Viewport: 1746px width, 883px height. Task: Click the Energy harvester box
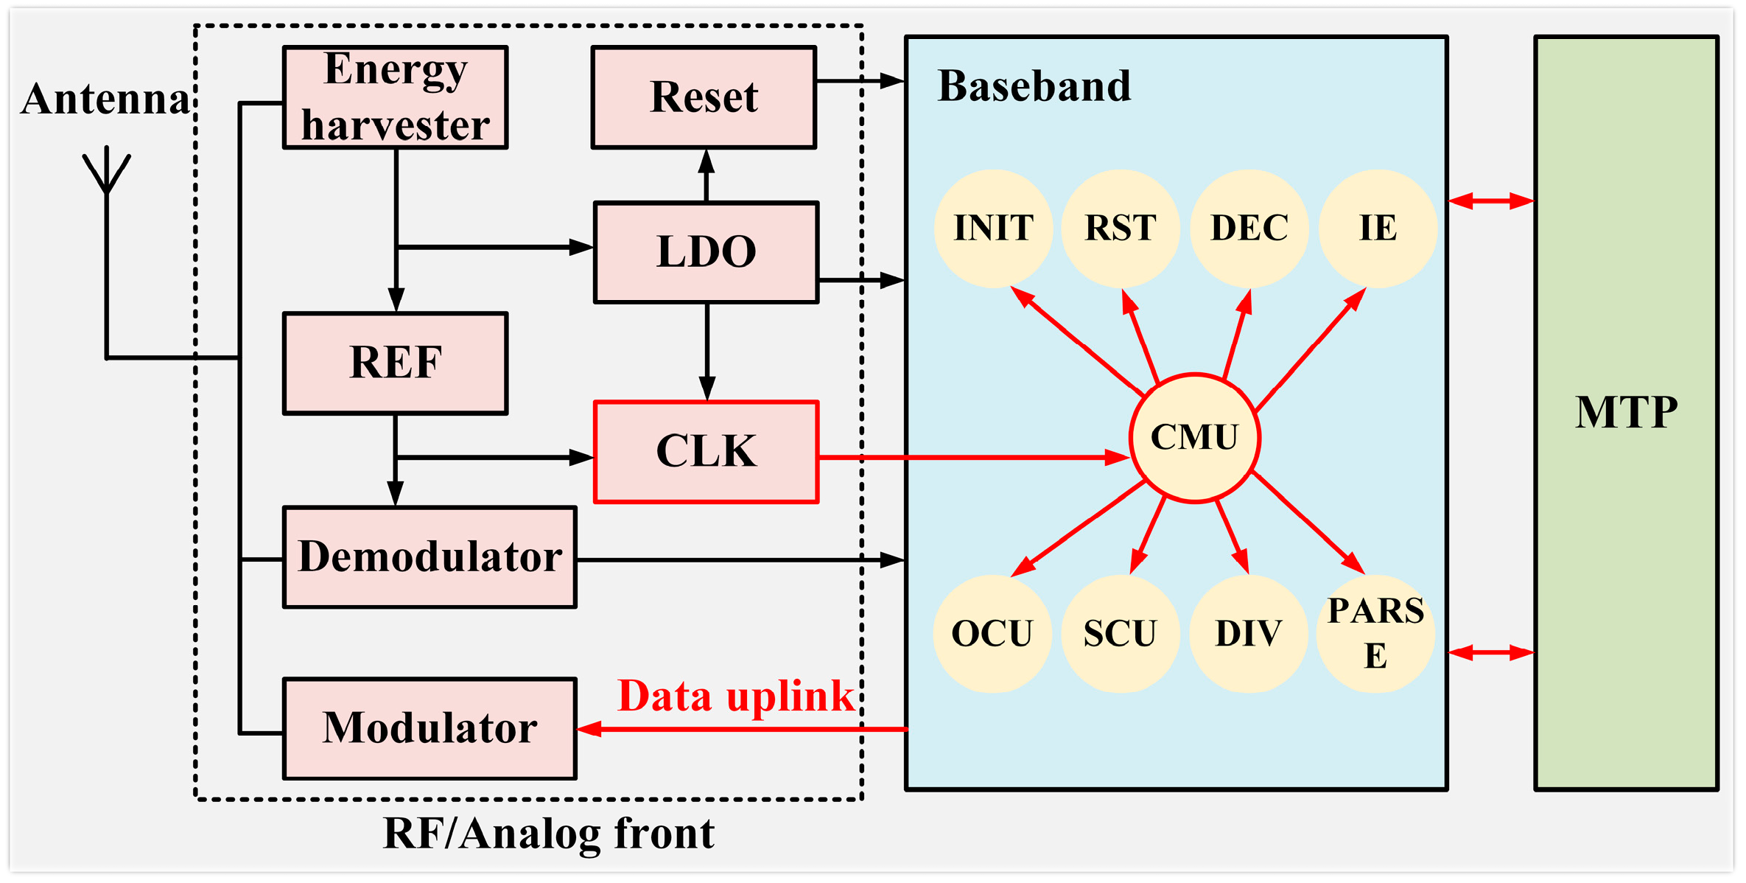tap(396, 97)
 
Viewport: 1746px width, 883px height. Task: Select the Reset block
tap(704, 97)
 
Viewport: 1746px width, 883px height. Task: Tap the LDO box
tap(706, 252)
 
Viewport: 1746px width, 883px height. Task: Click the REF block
tap(396, 363)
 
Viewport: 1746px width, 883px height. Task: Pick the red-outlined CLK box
tap(706, 452)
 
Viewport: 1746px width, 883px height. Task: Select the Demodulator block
tap(430, 557)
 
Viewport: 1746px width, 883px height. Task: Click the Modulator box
tap(430, 728)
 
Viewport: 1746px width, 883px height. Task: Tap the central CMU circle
tap(1194, 438)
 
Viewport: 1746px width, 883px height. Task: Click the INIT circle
tap(993, 228)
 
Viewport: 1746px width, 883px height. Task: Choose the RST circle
tap(1121, 228)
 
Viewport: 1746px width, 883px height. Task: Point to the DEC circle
tap(1249, 228)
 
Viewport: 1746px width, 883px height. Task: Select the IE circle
tap(1378, 228)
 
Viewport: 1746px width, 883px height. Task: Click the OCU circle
tap(992, 634)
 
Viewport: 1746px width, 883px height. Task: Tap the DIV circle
tap(1249, 634)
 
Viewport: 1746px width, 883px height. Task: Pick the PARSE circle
tap(1375, 634)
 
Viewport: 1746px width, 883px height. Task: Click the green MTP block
tap(1626, 413)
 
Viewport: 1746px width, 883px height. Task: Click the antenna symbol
tap(107, 173)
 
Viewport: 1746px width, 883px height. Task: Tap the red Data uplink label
tap(735, 697)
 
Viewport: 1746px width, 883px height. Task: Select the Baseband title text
tap(1034, 86)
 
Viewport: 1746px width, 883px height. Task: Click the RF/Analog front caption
tap(549, 834)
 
